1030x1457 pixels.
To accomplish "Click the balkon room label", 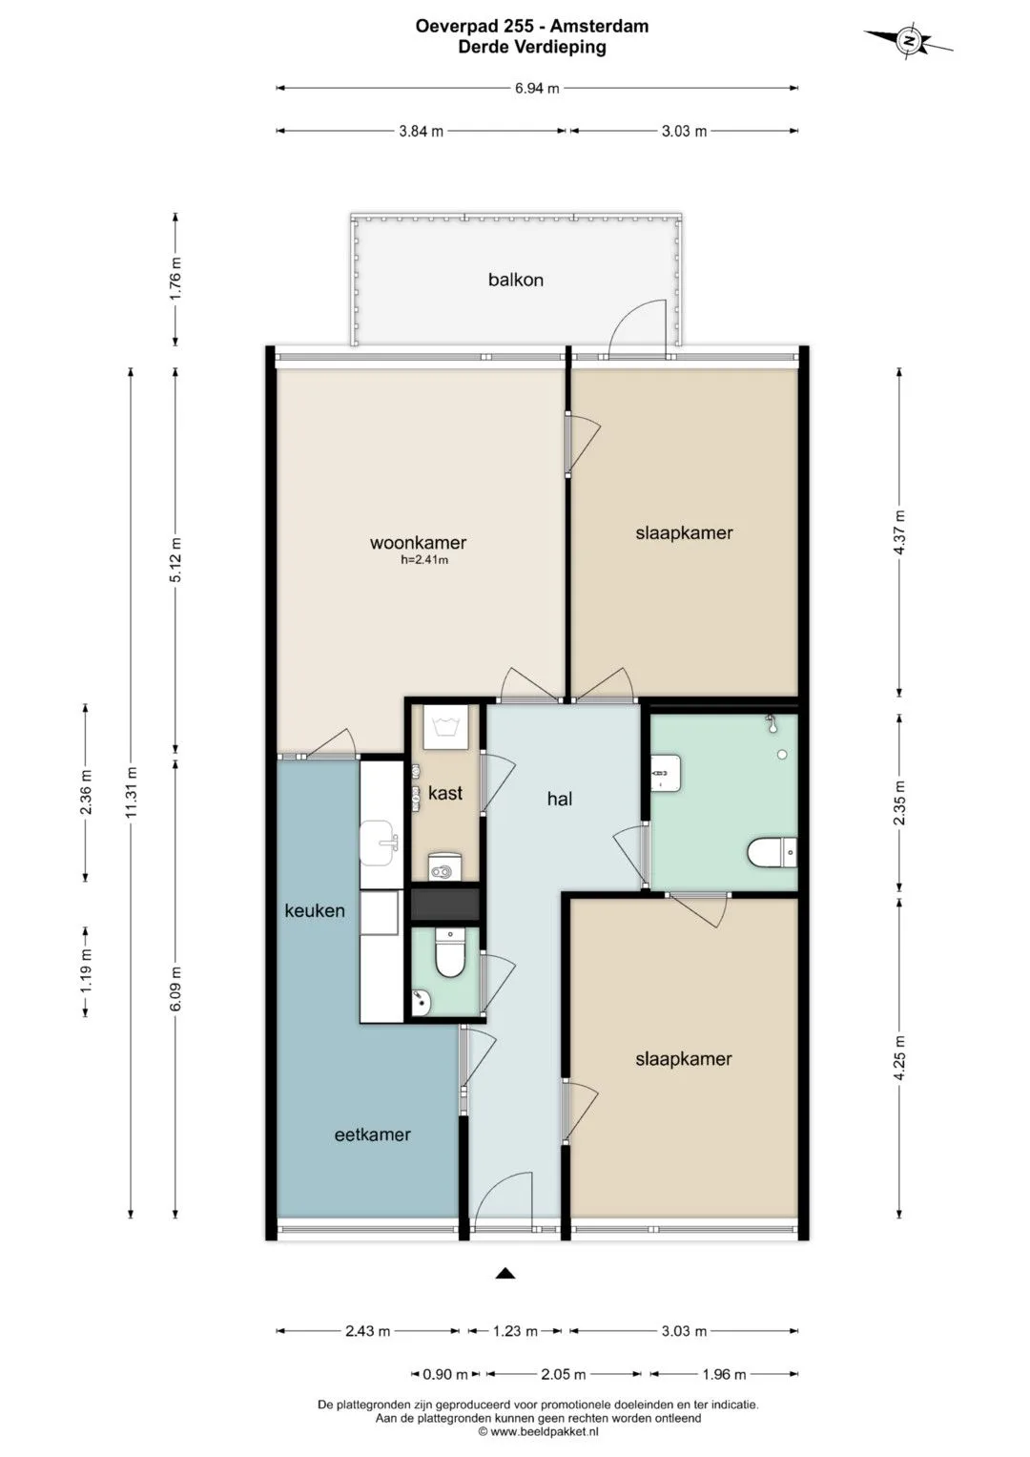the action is point(516,280).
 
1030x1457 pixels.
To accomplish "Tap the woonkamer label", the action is point(418,543).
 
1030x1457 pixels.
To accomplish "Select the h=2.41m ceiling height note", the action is point(424,560).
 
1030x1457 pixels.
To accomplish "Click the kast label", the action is point(445,793).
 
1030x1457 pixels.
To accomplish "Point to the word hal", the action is point(559,799).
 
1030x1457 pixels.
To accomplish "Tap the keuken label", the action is point(315,910).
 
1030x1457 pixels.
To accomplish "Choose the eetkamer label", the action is point(373,1134).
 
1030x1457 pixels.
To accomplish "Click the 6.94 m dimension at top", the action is point(537,88).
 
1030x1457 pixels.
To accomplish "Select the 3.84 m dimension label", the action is point(422,131).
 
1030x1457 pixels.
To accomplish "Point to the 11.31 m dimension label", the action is point(132,792).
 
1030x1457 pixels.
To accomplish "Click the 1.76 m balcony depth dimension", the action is point(175,280).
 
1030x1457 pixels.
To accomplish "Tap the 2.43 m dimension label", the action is point(368,1331).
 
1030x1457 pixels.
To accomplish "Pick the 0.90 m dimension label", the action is point(445,1374).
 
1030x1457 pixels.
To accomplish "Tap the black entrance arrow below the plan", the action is point(505,1273).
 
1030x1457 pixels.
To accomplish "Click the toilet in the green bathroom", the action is point(772,853).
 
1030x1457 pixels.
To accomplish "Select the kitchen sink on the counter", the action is point(378,843).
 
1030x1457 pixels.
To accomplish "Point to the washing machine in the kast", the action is point(445,726).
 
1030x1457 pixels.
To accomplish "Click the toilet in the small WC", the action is point(449,952).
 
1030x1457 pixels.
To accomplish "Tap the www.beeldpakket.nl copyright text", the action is point(539,1431).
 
